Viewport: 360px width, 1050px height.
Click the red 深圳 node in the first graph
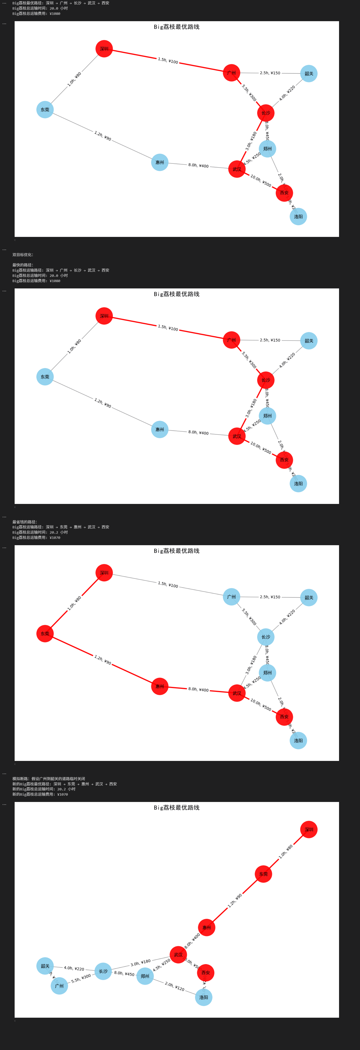[104, 49]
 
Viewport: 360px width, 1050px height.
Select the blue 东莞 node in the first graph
[45, 110]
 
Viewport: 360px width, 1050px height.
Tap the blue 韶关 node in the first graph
[309, 74]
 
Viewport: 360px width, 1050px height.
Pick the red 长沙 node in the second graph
[265, 380]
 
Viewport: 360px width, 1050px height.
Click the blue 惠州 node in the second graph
[159, 430]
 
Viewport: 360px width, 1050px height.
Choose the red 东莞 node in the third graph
[45, 634]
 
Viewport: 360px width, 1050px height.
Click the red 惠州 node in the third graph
[159, 686]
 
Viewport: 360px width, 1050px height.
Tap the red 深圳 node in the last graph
[309, 829]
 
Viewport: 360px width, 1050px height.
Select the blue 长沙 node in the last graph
[103, 971]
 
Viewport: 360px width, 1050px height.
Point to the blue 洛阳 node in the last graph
[203, 997]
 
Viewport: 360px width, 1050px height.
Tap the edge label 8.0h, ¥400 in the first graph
[198, 166]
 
